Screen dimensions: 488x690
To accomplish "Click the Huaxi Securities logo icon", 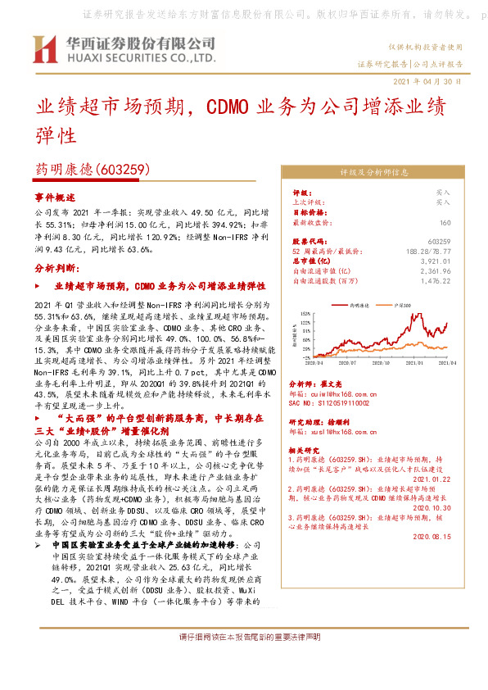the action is tap(44, 50).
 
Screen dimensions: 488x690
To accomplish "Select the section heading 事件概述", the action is tap(55, 198).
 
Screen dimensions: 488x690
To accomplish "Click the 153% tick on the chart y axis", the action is tap(305, 313).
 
